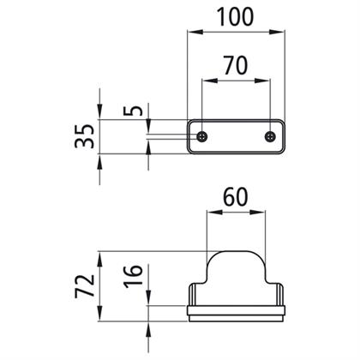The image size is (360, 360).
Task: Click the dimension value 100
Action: [x=235, y=16]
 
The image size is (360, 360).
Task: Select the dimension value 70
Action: [x=235, y=65]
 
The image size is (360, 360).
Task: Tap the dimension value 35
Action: [x=84, y=136]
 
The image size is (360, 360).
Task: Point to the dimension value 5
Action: [x=133, y=111]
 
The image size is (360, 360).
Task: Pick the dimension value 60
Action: [x=235, y=197]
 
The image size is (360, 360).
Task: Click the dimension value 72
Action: [x=85, y=286]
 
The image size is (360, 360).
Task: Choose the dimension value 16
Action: [x=133, y=275]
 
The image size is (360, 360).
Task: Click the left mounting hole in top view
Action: [x=202, y=136]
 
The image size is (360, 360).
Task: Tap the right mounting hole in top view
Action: [x=270, y=136]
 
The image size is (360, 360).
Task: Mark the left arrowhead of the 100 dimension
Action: [x=195, y=32]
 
